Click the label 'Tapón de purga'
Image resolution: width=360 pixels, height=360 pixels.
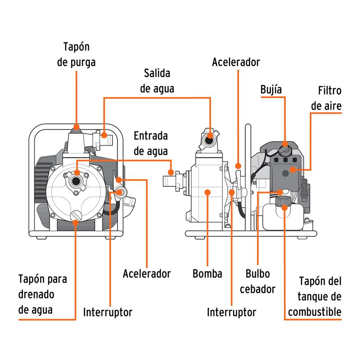click(x=76, y=54)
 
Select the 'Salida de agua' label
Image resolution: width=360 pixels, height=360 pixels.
click(x=157, y=81)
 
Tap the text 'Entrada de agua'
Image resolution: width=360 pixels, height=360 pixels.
click(x=151, y=144)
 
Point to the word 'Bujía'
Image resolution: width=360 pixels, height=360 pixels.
click(x=271, y=90)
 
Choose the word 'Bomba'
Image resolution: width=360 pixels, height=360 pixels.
click(x=207, y=274)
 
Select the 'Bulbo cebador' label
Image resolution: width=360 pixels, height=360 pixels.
click(x=257, y=281)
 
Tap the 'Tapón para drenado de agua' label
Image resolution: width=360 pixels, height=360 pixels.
click(x=43, y=294)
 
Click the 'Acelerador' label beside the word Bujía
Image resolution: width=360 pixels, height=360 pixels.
click(x=236, y=62)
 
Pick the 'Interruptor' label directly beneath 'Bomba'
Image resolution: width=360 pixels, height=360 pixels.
click(x=231, y=312)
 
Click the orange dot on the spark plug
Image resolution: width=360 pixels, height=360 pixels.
click(x=285, y=144)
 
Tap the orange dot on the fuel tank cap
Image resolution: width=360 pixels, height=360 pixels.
click(x=285, y=207)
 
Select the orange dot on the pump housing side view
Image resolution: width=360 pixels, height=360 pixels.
click(x=207, y=192)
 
